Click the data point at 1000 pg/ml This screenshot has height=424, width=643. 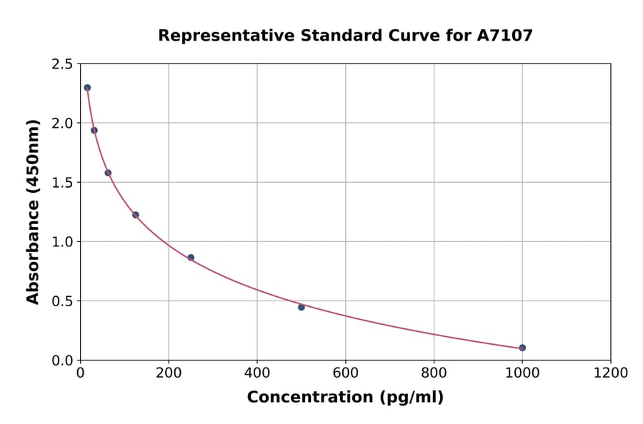pos(522,348)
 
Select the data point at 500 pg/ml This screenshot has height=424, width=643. pos(301,307)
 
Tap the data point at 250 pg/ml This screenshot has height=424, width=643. pos(191,258)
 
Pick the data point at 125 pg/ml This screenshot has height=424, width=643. pos(136,215)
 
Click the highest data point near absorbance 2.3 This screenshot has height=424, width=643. pos(87,88)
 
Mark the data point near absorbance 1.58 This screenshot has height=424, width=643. pos(108,173)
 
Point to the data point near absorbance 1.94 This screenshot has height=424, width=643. pos(94,130)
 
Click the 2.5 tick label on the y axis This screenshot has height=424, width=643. pos(61,64)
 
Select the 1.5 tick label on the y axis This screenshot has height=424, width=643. pos(61,183)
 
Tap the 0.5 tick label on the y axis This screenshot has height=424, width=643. pos(61,301)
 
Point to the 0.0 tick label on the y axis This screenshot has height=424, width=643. pos(61,360)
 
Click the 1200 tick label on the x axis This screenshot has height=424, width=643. pos(611,373)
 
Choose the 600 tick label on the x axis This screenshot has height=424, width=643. pos(346,373)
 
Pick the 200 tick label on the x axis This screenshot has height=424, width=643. pos(169,373)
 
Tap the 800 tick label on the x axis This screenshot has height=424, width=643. pos(434,373)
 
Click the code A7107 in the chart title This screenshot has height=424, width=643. pos(504,36)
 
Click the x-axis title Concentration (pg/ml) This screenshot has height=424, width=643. pos(345,398)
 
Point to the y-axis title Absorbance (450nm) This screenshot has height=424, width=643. pos(33,212)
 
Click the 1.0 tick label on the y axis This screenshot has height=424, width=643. pos(61,242)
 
